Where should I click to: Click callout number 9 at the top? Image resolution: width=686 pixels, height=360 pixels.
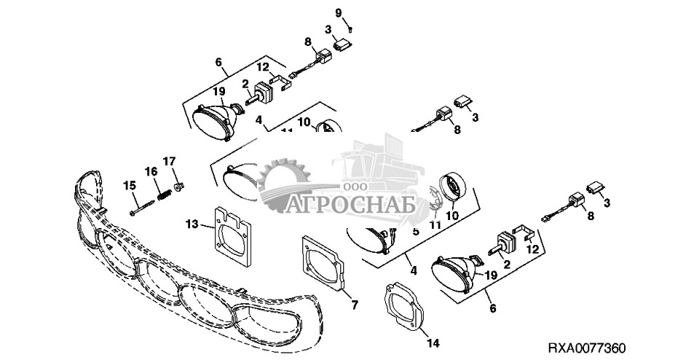click(338, 13)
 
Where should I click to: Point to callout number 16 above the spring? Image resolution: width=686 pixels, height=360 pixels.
click(150, 171)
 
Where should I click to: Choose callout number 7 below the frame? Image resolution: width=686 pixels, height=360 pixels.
click(355, 305)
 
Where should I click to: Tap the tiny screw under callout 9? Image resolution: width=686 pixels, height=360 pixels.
click(351, 29)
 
